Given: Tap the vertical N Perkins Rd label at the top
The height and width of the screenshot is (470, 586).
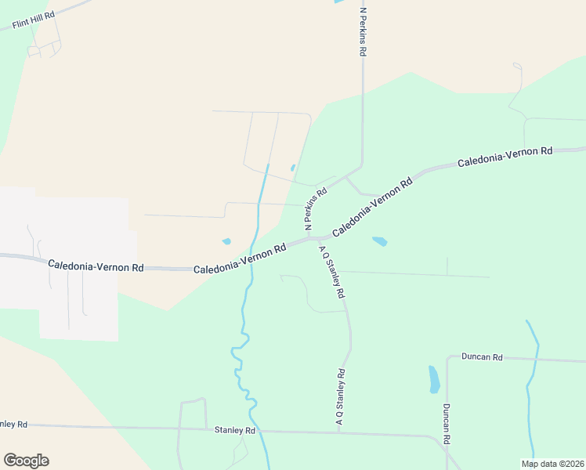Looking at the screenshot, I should (x=363, y=31).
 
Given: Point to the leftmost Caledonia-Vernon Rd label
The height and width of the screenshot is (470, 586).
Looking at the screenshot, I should (x=96, y=266).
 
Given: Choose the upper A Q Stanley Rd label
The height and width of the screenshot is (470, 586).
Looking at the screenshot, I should (x=332, y=271).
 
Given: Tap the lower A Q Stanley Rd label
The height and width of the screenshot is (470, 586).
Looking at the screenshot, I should (x=340, y=398).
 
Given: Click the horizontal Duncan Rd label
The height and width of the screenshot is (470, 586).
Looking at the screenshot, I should (x=482, y=357).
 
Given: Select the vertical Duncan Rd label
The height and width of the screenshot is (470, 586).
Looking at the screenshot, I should (x=445, y=424).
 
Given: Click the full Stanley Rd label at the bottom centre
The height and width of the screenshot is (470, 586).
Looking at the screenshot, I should (x=235, y=430).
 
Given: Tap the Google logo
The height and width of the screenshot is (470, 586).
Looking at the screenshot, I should (x=26, y=461).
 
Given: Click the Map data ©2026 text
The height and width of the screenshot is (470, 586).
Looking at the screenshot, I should (x=552, y=463).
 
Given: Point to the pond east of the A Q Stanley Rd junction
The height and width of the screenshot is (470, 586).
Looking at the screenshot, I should (x=380, y=241).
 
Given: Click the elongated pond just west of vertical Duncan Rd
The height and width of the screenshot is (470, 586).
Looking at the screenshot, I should (x=434, y=379).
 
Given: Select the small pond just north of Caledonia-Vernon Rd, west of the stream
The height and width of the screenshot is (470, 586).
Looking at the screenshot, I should (x=227, y=241).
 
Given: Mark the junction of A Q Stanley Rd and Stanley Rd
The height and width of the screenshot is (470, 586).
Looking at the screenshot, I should (x=339, y=432).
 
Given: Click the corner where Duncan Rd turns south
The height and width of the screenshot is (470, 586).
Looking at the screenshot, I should (x=447, y=358).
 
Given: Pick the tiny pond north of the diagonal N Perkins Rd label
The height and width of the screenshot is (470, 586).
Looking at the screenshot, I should (x=293, y=168).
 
